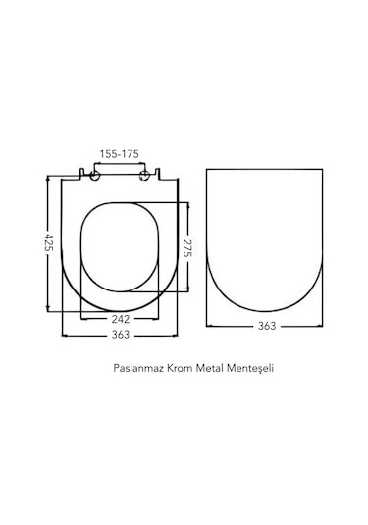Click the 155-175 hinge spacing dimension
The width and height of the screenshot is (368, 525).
coord(119,154)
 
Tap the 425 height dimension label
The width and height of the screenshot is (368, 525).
coord(49,243)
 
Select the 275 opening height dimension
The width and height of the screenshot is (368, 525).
coord(187,248)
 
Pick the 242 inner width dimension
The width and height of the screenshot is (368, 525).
coord(121,319)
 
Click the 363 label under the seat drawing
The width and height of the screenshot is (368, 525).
coord(121,335)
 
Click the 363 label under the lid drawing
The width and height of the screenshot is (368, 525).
coord(267,326)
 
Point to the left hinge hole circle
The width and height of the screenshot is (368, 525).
coord(95,175)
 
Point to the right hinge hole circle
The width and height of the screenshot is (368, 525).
coord(144,175)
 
